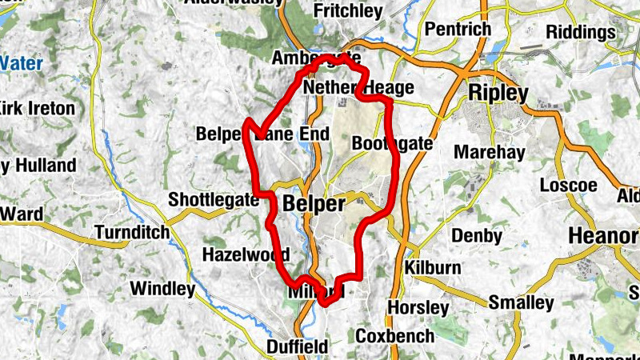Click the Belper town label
point(314,204)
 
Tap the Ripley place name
point(498,93)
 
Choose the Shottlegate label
point(214,200)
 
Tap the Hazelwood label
point(246,254)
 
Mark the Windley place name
point(162,288)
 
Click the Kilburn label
point(434,267)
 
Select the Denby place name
point(477,236)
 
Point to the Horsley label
point(418,307)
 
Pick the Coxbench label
point(394,336)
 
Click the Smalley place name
point(521,303)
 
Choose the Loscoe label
point(568,186)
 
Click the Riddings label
point(581,32)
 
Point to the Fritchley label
point(347,11)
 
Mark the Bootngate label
point(392,144)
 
